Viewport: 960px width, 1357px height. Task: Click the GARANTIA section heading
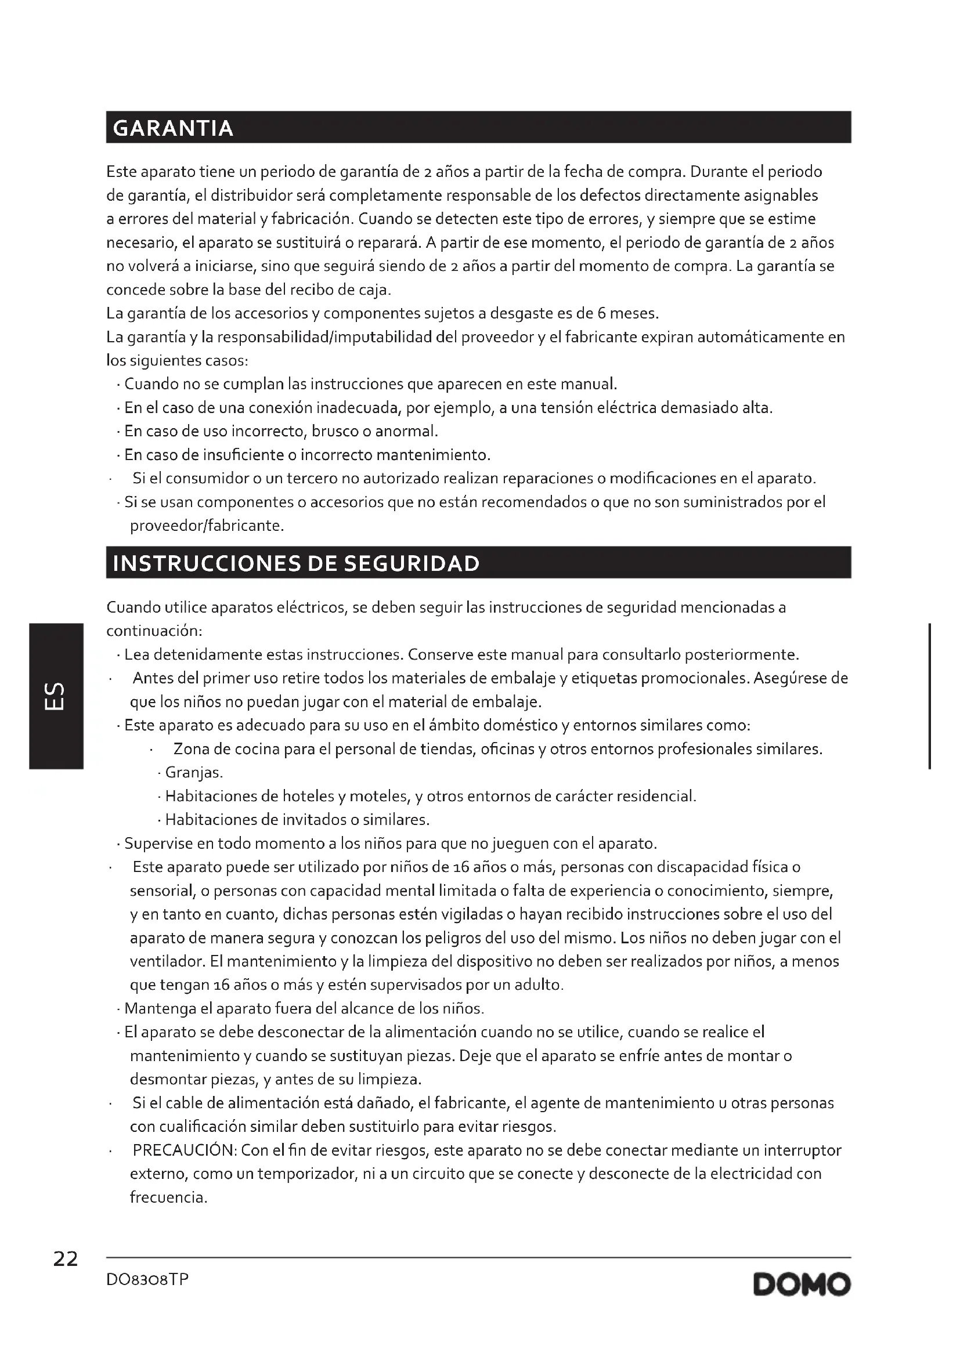(x=172, y=128)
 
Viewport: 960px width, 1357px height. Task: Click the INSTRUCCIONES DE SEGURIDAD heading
(x=295, y=563)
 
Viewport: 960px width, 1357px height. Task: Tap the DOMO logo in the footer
(x=802, y=1284)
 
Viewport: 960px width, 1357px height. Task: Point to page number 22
(x=65, y=1260)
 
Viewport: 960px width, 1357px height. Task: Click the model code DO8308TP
(x=147, y=1280)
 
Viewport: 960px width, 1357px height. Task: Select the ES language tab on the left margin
(x=56, y=696)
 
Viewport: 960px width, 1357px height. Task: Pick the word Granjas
(x=193, y=772)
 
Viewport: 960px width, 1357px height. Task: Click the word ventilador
(x=167, y=961)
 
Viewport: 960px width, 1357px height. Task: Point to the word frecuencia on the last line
(x=168, y=1197)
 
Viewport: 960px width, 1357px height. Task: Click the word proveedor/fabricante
(x=206, y=526)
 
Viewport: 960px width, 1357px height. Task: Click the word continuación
(x=154, y=631)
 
